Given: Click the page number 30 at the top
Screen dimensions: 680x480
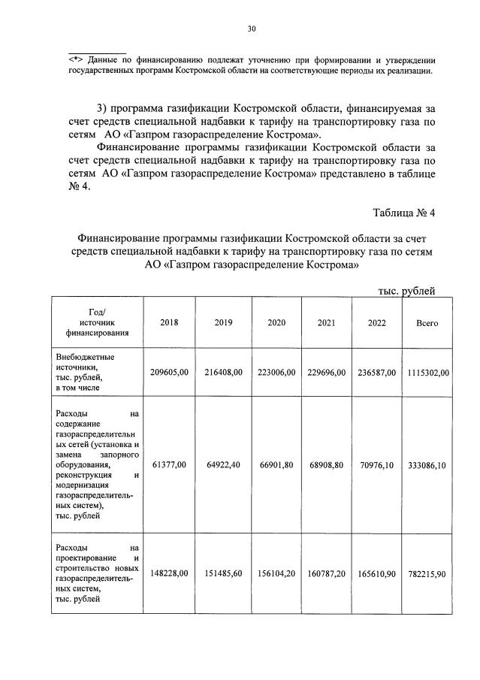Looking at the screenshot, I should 252,29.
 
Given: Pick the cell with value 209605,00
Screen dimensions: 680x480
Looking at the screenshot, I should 170,372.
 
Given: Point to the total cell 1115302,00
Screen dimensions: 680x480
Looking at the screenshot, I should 427,372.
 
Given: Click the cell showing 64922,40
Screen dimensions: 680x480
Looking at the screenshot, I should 223,465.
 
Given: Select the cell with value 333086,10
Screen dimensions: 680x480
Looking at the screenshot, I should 427,465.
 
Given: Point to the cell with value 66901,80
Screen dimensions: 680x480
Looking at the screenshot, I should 275,465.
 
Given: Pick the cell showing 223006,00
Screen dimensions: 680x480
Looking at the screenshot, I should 275,372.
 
